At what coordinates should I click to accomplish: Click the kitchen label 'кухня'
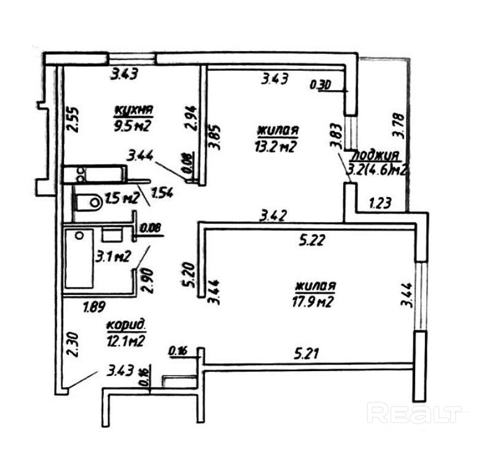pos(133,111)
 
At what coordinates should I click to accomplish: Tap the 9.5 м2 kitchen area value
pos(133,127)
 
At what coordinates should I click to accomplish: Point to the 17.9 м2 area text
pos(315,301)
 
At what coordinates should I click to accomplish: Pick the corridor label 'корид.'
pos(126,325)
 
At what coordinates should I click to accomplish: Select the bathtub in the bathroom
pos(79,258)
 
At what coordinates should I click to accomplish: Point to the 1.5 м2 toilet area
pos(120,198)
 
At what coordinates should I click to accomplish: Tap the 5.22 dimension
pos(312,241)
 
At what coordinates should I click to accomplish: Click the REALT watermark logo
pos(414,413)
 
